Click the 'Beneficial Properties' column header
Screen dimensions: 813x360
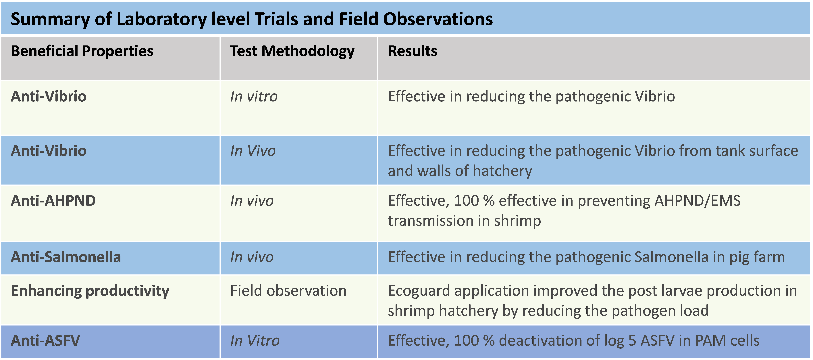coord(82,51)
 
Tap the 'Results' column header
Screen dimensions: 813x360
coord(413,51)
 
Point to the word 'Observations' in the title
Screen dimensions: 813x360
coord(438,19)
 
